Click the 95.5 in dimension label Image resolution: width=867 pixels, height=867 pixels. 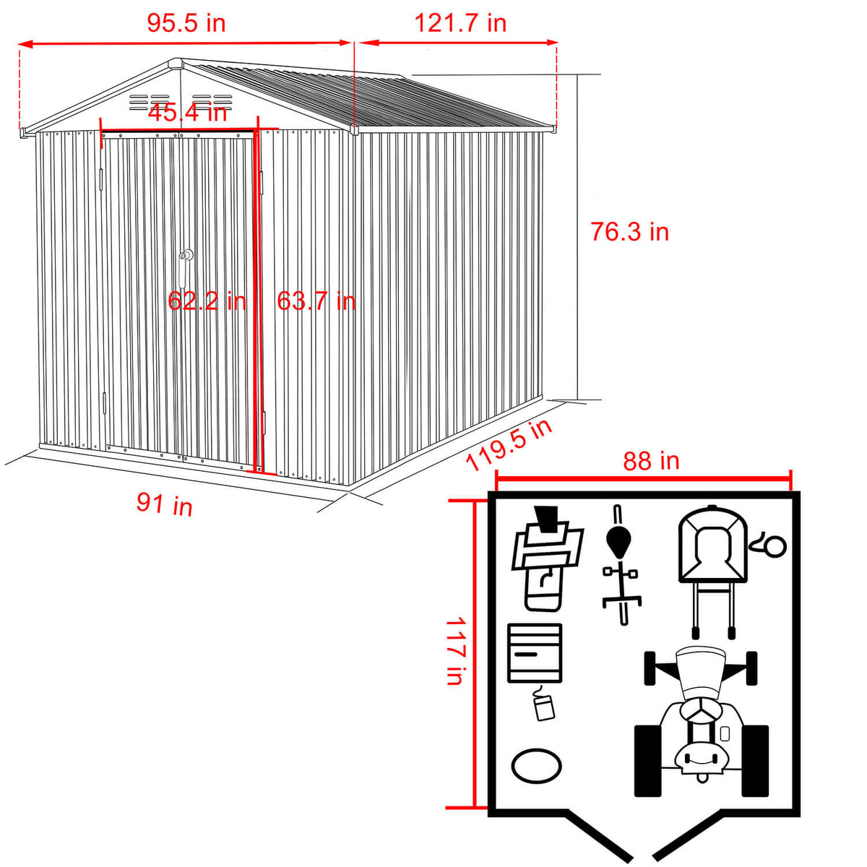coord(186,23)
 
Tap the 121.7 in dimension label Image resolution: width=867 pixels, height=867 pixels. coord(460,23)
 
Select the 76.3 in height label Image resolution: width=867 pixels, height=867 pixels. coord(629,232)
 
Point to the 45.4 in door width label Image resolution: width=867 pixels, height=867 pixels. coord(187,113)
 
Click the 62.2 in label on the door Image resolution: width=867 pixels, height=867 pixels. coord(207,301)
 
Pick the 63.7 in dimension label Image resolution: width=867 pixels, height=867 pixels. coord(316,301)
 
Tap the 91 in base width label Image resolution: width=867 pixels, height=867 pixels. coord(165,503)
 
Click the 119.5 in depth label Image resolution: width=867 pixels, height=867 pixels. coord(509,444)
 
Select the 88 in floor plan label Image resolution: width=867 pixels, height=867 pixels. coord(651,461)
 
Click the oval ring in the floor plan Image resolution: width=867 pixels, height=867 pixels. coord(536,764)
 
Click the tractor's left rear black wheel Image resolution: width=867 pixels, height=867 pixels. coord(648,761)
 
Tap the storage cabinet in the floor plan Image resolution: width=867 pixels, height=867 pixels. coord(535,652)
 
